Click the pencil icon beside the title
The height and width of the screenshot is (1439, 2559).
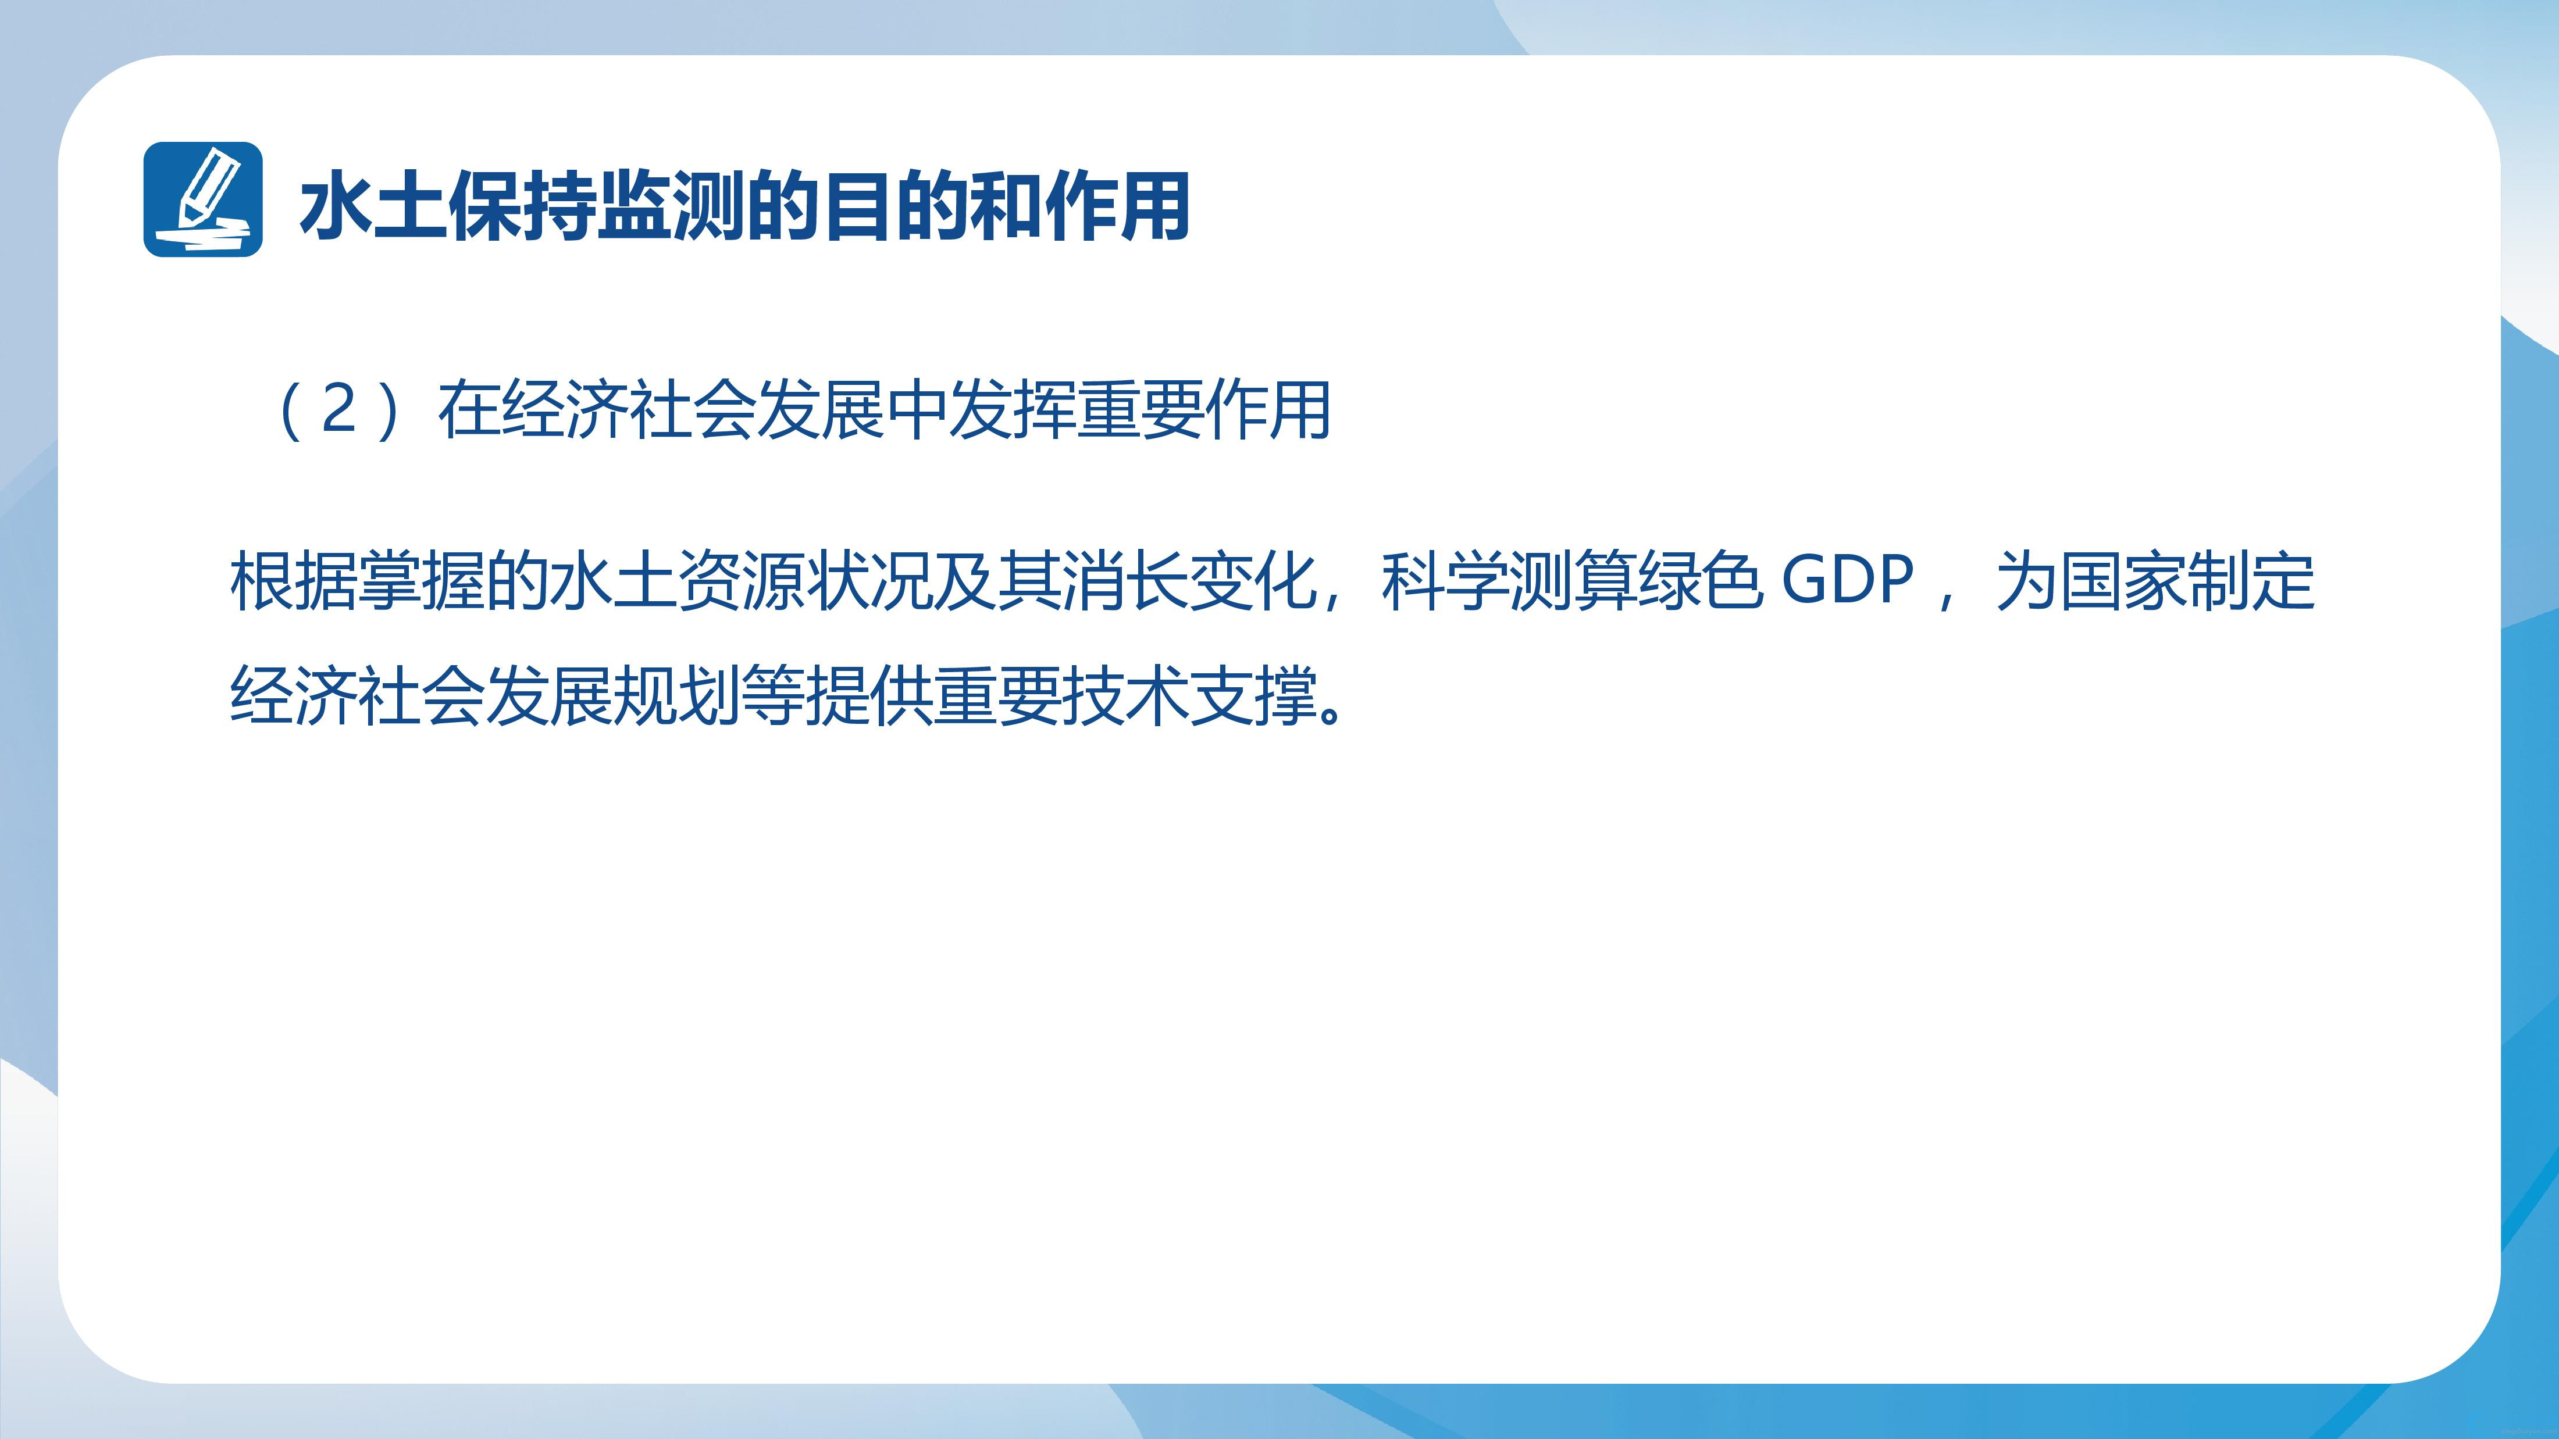pos(202,199)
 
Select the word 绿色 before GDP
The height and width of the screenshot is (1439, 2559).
pos(1701,582)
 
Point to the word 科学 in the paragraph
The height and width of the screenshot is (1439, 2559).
pos(1445,582)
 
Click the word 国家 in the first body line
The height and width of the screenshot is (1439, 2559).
pos(2124,582)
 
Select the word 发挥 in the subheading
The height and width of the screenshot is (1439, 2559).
pos(1013,410)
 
